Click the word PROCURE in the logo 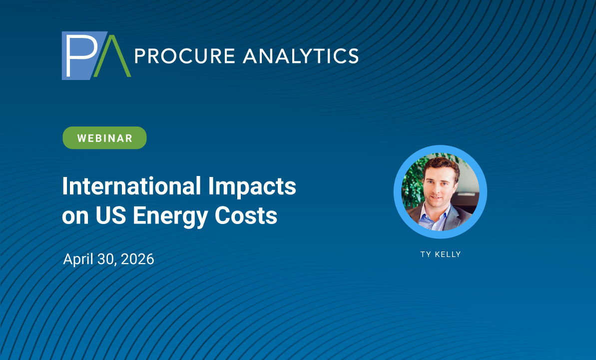point(185,56)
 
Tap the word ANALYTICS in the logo point(301,56)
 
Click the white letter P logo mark point(80,55)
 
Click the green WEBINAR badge point(104,138)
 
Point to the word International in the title point(131,186)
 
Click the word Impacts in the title point(252,187)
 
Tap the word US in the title point(110,215)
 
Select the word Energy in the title point(170,216)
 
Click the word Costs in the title point(246,215)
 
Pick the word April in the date point(78,259)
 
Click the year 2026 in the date point(137,259)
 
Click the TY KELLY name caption point(441,254)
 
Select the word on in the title point(75,217)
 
